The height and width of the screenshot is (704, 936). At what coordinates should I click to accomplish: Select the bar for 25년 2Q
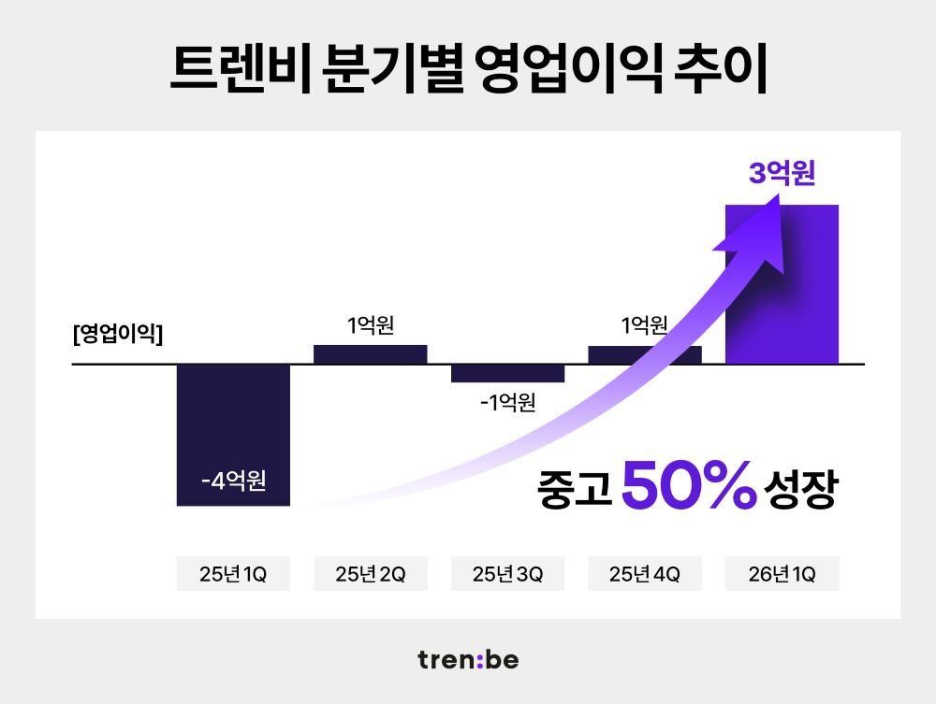[x=370, y=354]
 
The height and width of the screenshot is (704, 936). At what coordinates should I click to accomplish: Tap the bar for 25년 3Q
[x=507, y=373]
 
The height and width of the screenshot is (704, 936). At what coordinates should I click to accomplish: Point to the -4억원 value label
[x=233, y=482]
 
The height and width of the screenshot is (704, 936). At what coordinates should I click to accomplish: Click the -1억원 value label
[x=507, y=402]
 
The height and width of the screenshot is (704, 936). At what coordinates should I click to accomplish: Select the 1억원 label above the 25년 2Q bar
[x=370, y=326]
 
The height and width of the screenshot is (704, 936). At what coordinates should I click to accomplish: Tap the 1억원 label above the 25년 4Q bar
[x=644, y=326]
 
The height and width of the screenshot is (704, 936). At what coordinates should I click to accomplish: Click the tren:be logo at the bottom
[x=468, y=660]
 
